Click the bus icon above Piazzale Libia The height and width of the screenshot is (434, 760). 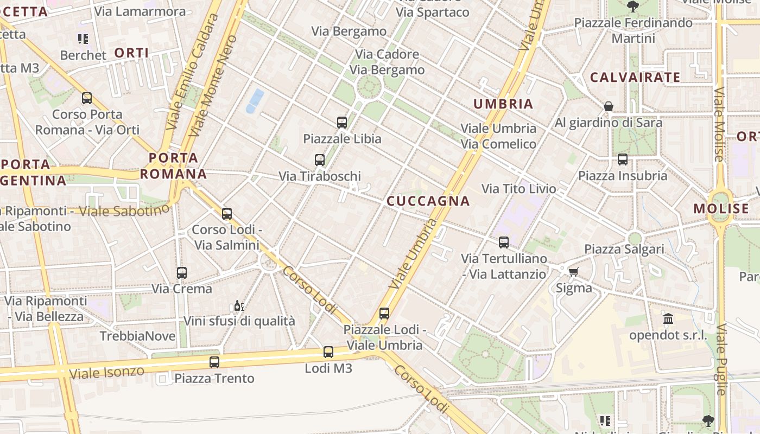point(342,123)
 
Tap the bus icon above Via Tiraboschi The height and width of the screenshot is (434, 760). point(320,160)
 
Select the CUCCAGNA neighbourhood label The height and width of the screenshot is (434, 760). point(428,201)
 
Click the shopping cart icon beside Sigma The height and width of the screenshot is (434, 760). point(574,272)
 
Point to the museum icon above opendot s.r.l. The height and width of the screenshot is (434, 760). point(668,319)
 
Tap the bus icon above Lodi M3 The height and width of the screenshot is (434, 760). point(328,352)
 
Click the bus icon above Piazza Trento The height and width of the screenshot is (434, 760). point(214,362)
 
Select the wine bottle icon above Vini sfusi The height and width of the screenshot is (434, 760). point(239,305)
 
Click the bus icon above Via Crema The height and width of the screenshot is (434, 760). point(182,272)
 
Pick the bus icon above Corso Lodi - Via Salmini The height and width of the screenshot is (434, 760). point(227,214)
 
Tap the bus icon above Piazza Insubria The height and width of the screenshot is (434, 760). point(623,159)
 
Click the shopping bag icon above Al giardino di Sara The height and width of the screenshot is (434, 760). point(609,106)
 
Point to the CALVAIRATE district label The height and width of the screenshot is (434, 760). point(635,78)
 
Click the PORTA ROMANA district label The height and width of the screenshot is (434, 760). point(174,166)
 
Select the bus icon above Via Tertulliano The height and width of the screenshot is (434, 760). point(504,242)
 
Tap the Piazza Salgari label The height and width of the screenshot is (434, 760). point(624,250)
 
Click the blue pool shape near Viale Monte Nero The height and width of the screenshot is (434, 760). point(255,101)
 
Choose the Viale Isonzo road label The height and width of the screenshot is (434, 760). point(106,372)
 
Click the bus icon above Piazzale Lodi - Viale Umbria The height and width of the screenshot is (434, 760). point(384,314)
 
